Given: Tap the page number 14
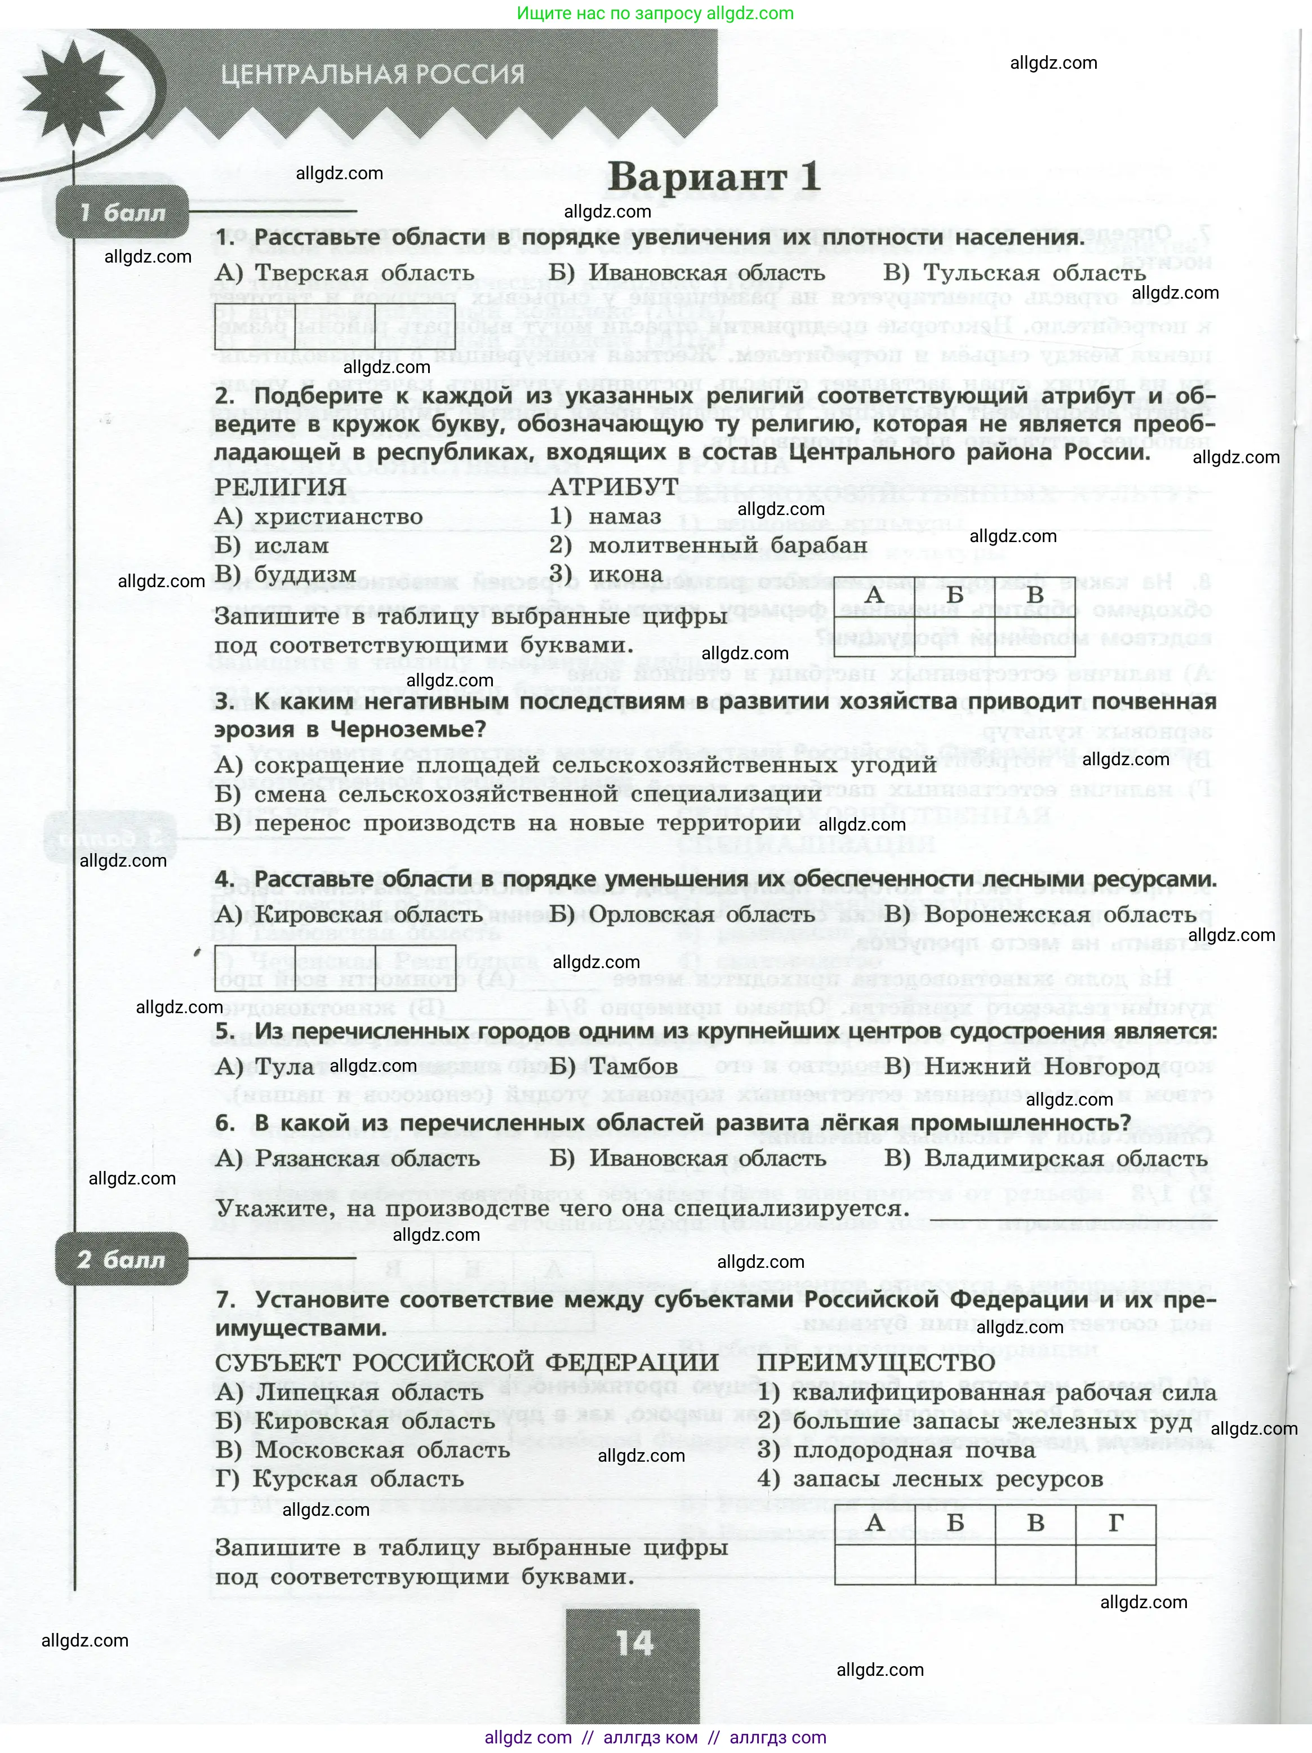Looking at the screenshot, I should point(634,1643).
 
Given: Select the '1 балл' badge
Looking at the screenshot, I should point(122,212).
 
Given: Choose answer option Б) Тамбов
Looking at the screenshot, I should point(614,1067).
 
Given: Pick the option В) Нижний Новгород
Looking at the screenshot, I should point(1022,1067).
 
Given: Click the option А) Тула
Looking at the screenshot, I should point(265,1067).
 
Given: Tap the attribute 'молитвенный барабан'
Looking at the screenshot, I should point(727,545).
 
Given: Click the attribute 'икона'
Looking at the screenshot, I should point(625,574).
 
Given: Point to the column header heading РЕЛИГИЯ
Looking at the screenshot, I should point(281,487).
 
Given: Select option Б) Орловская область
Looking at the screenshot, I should point(682,915).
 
